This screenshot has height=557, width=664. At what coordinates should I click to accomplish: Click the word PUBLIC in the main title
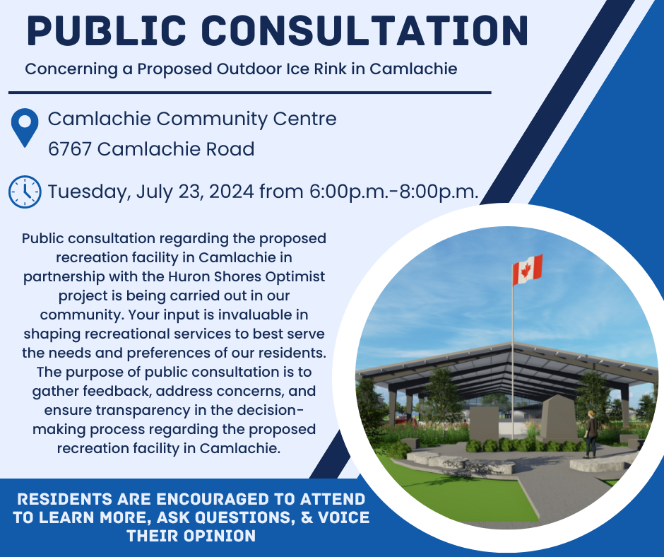[107, 30]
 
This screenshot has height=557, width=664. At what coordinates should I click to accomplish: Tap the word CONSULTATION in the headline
[365, 30]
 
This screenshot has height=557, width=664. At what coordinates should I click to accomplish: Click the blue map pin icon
[25, 128]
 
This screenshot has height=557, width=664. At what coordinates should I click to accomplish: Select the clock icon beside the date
[25, 192]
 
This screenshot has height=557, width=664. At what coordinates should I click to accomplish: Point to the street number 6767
[69, 149]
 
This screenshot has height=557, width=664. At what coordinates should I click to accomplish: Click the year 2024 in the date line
[231, 192]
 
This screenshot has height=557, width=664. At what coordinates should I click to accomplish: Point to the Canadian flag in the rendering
[527, 269]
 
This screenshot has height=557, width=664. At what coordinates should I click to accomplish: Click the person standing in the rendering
[591, 434]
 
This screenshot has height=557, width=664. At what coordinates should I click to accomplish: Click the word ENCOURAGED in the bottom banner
[213, 499]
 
